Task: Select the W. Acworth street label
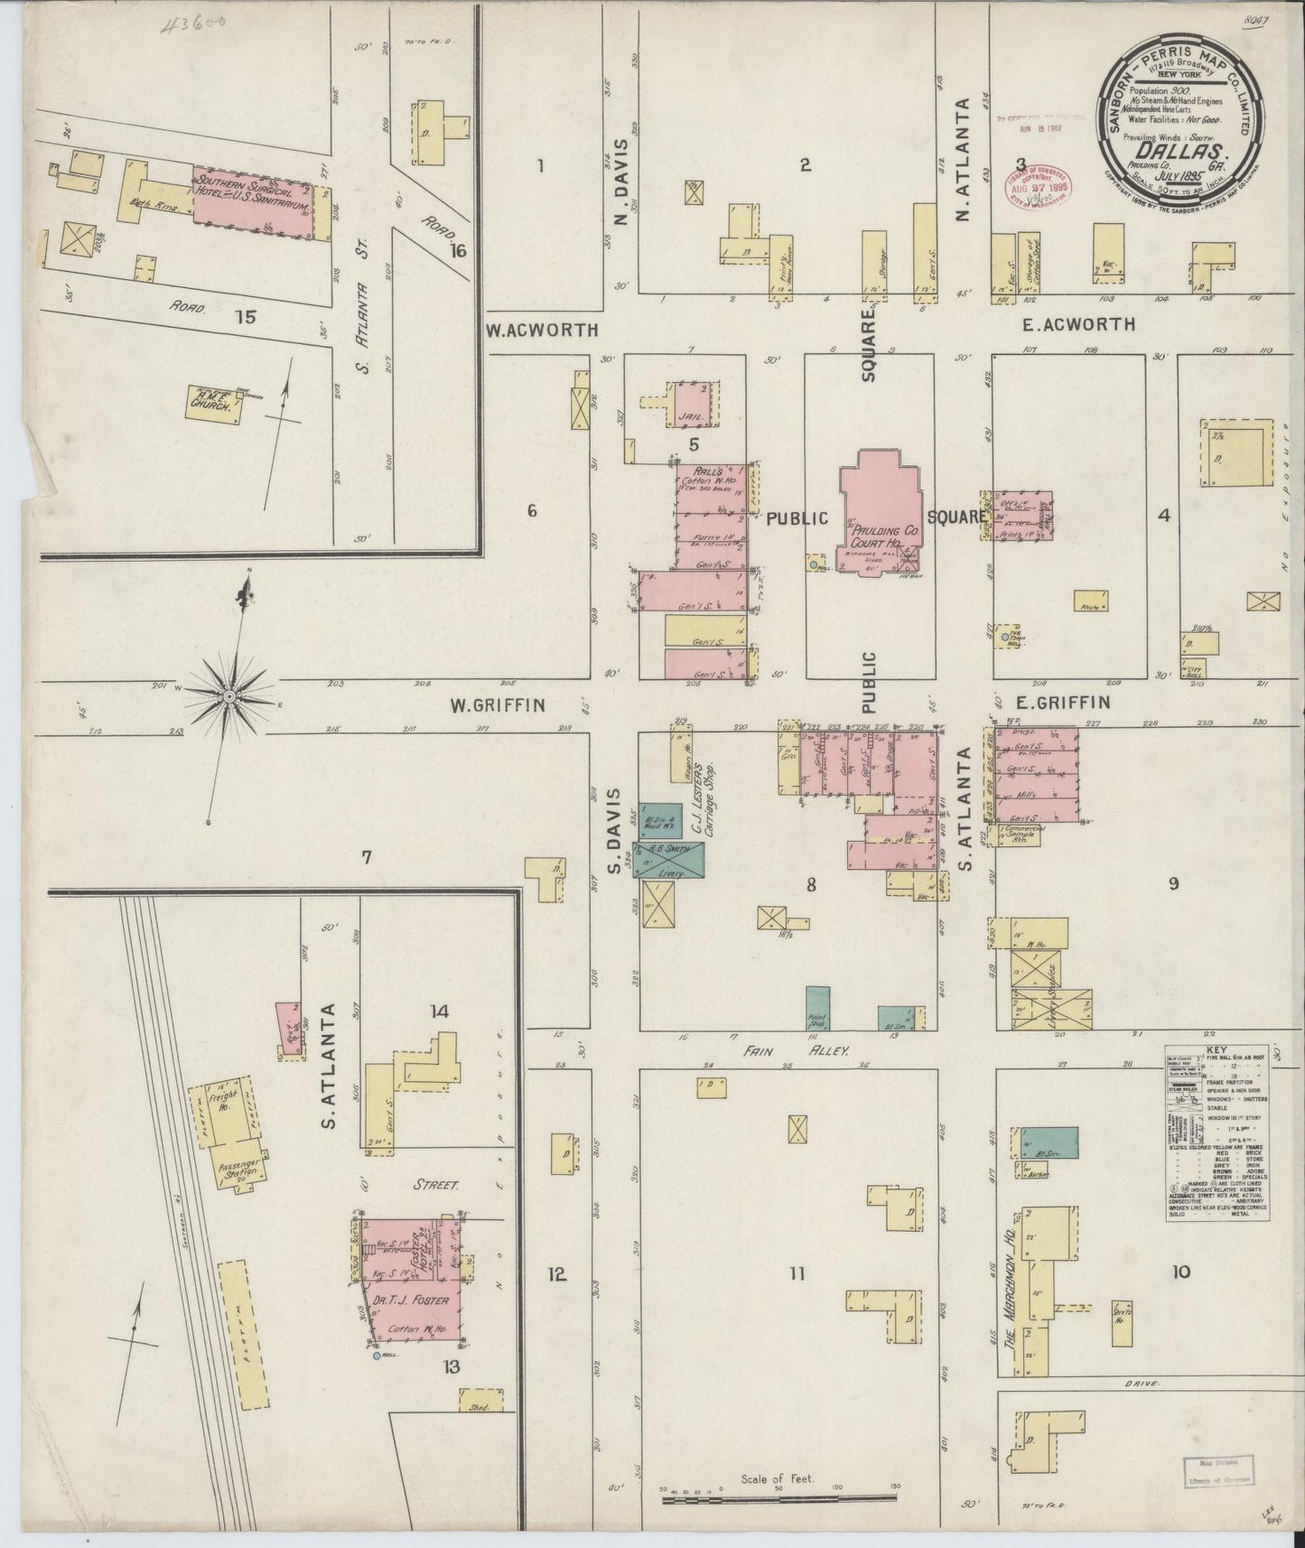[542, 330]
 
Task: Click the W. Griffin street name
[498, 705]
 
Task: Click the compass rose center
[229, 696]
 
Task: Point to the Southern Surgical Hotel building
[259, 201]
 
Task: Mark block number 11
[796, 1273]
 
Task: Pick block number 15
[245, 316]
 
